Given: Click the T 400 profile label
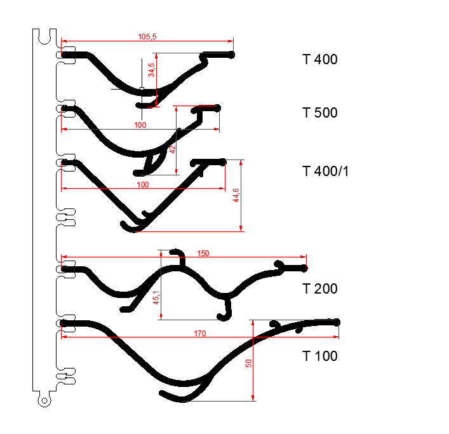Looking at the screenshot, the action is [320, 59].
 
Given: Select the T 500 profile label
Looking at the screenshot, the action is [320, 112].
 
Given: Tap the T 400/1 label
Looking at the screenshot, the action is [325, 172].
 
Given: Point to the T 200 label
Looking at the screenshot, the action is [320, 288].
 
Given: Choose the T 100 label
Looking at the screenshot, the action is [320, 356].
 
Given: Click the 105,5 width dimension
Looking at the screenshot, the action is [147, 37].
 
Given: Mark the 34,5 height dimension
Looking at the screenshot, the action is [151, 70].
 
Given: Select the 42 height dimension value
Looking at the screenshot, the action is [172, 149].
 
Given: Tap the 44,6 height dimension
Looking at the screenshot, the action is [236, 195].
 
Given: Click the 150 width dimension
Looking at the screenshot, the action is [203, 254].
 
